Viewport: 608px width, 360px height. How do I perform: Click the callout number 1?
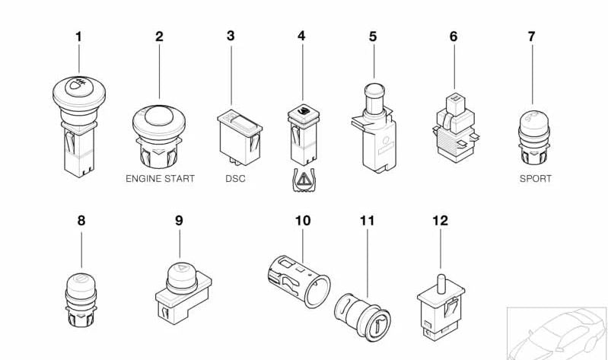coord(78,36)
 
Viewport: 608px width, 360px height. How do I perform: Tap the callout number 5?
coord(372,36)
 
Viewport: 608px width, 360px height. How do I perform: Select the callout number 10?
coord(303,221)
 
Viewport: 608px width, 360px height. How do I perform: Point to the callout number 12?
coord(440,221)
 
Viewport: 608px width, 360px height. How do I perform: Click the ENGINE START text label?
coord(160,179)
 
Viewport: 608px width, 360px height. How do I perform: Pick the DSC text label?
coord(235,179)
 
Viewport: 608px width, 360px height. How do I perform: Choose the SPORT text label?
coord(535,179)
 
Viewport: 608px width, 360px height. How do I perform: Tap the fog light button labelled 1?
coord(78,122)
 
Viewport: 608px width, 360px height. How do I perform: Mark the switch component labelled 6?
coord(453,129)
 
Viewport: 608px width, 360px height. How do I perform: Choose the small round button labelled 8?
coord(81,297)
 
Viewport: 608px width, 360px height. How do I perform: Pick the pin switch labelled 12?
coord(439,304)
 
